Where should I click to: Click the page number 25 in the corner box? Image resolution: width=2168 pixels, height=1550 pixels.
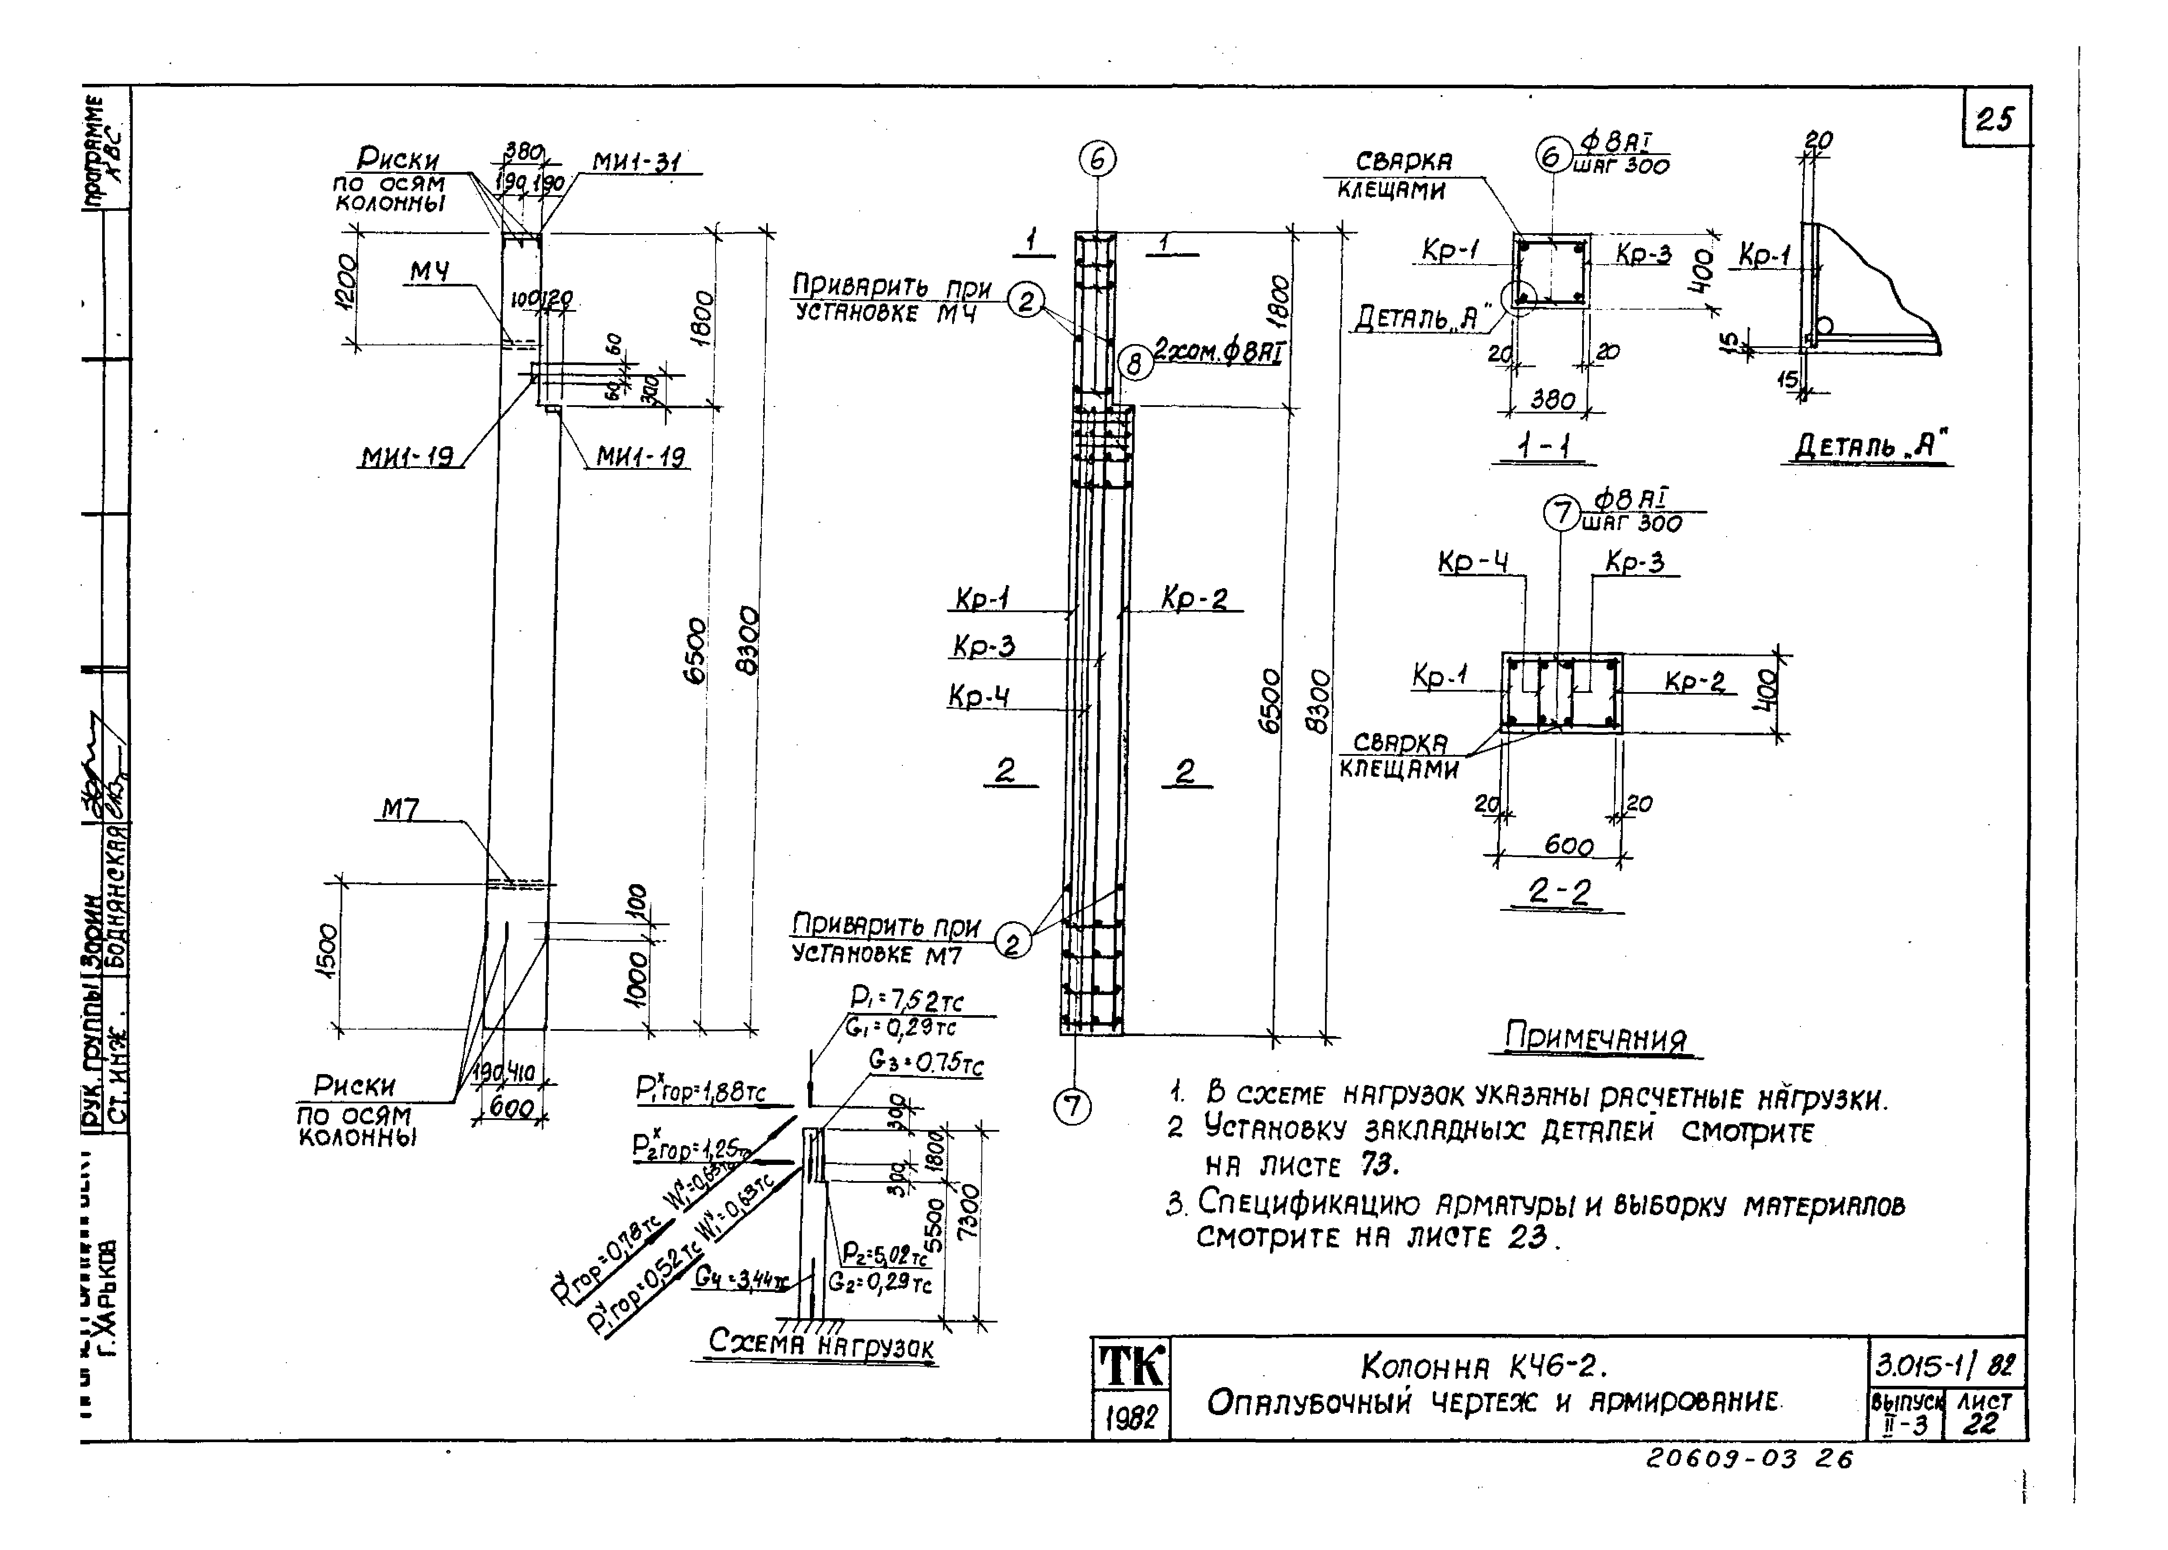1994,119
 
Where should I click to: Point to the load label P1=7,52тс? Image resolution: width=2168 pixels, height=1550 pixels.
906,999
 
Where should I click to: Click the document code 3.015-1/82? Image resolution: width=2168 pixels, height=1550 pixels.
1945,1366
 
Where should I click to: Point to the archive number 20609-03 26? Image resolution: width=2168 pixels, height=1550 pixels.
1748,1486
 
